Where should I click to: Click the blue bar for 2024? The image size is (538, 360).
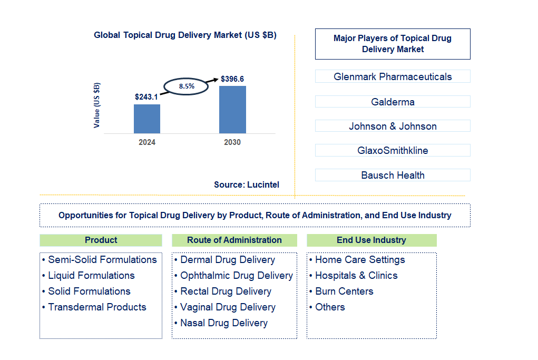pos(147,119)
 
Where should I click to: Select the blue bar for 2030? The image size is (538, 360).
pos(232,110)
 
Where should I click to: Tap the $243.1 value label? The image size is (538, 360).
pos(146,97)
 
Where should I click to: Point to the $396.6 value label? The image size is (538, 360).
pos(232,79)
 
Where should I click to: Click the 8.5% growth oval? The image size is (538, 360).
pos(187,85)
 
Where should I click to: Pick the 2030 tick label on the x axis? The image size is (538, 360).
pos(232,142)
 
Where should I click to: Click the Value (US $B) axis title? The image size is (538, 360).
pos(97,105)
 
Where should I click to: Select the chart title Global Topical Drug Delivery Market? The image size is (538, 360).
pos(185,35)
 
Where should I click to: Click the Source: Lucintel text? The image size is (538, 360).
pos(247,184)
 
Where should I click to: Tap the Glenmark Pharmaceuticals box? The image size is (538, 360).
pos(393,76)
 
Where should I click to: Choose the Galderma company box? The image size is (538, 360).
pos(393,102)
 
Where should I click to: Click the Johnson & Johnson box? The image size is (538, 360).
pos(393,126)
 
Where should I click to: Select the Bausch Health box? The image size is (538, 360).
pos(393,175)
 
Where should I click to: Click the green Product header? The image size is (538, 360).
pos(101,240)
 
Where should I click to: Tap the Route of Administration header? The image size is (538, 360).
pos(234,240)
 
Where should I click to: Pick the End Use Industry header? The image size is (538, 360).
pos(371,240)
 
